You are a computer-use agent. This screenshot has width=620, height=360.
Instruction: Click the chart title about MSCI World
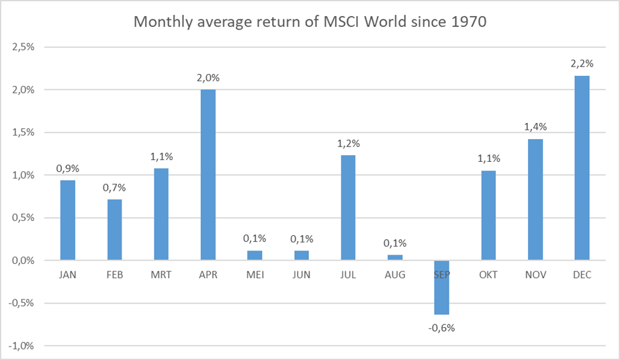pyautogui.click(x=310, y=21)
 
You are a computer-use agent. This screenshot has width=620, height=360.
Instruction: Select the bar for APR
pyautogui.click(x=208, y=175)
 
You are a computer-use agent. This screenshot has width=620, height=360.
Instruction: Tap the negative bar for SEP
pyautogui.click(x=441, y=287)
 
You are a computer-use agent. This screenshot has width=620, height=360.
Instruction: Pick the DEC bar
pyautogui.click(x=582, y=168)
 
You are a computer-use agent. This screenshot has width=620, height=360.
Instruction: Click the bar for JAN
pyautogui.click(x=67, y=220)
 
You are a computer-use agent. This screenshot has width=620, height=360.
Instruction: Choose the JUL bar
pyautogui.click(x=348, y=208)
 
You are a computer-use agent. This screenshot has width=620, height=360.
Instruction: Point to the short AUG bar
pyautogui.click(x=395, y=257)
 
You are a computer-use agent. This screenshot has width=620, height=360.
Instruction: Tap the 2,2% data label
pyautogui.click(x=582, y=64)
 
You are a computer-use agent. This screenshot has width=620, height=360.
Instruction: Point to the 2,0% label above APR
pyautogui.click(x=208, y=78)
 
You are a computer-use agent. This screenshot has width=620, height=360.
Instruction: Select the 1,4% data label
pyautogui.click(x=535, y=126)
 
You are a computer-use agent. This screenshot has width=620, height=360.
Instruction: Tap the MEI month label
pyautogui.click(x=255, y=275)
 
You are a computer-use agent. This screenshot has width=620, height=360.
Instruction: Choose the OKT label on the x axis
pyautogui.click(x=488, y=275)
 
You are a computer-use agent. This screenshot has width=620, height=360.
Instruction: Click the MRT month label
pyautogui.click(x=161, y=275)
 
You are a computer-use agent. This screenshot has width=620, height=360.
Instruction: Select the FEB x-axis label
pyautogui.click(x=114, y=275)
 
